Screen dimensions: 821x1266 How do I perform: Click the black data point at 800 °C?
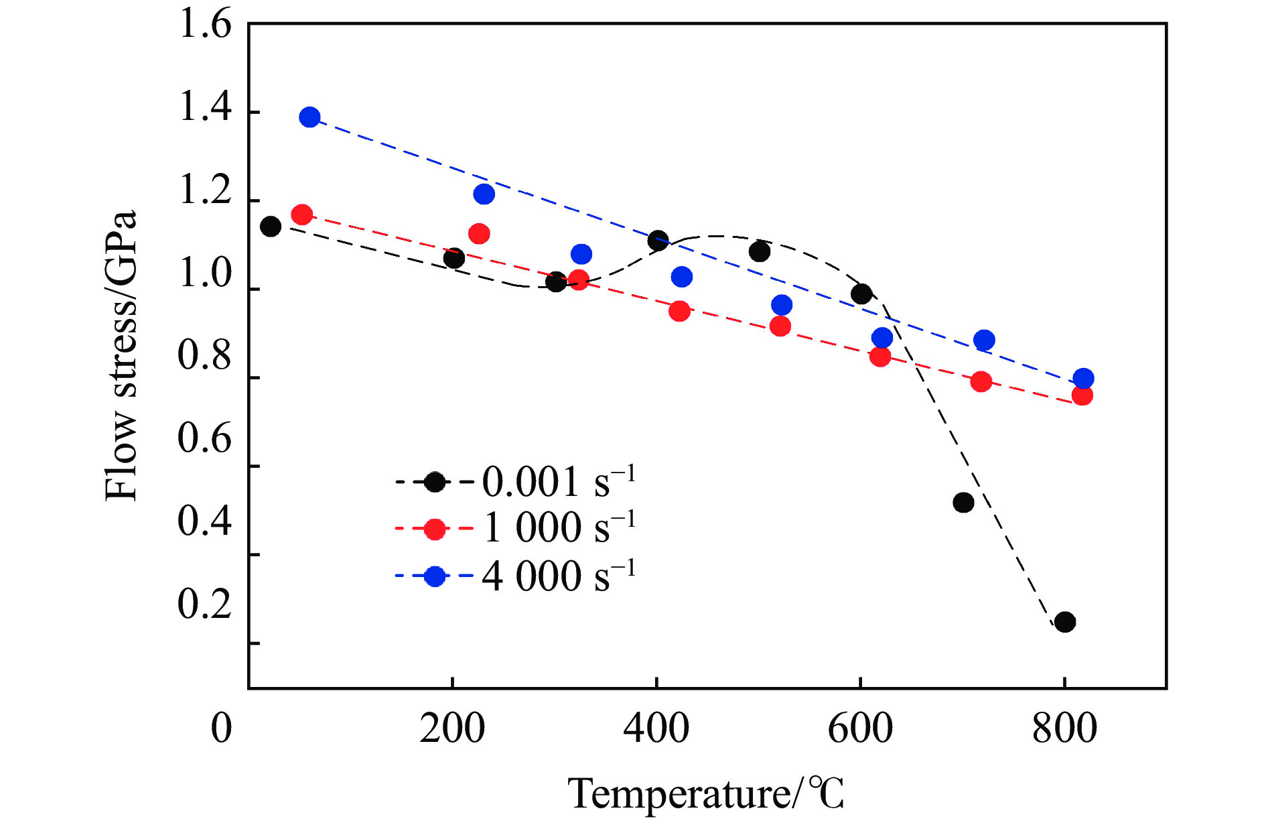pyautogui.click(x=1064, y=622)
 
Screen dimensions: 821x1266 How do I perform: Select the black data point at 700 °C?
pyautogui.click(x=963, y=502)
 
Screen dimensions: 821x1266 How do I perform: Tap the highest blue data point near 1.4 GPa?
pyautogui.click(x=309, y=117)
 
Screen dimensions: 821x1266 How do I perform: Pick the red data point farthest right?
pyautogui.click(x=1082, y=395)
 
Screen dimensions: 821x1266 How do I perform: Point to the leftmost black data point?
pyautogui.click(x=271, y=227)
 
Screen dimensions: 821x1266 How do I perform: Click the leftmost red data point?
pyautogui.click(x=302, y=215)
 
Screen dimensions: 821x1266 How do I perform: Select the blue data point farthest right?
pyautogui.click(x=1083, y=378)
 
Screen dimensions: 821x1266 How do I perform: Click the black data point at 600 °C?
pyautogui.click(x=861, y=294)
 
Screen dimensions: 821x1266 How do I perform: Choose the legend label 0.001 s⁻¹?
pyautogui.click(x=559, y=481)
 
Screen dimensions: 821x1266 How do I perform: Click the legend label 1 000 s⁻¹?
pyautogui.click(x=559, y=527)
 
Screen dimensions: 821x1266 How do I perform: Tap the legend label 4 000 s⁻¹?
pyautogui.click(x=559, y=575)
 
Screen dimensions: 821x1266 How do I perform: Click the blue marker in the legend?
pyautogui.click(x=435, y=576)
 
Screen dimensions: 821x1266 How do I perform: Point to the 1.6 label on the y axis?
pyautogui.click(x=204, y=25)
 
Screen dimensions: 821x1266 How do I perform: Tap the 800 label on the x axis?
pyautogui.click(x=1064, y=729)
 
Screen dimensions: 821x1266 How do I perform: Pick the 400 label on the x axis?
pyautogui.click(x=656, y=729)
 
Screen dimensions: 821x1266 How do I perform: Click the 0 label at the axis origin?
pyautogui.click(x=222, y=729)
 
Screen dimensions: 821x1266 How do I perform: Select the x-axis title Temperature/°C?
pyautogui.click(x=706, y=794)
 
